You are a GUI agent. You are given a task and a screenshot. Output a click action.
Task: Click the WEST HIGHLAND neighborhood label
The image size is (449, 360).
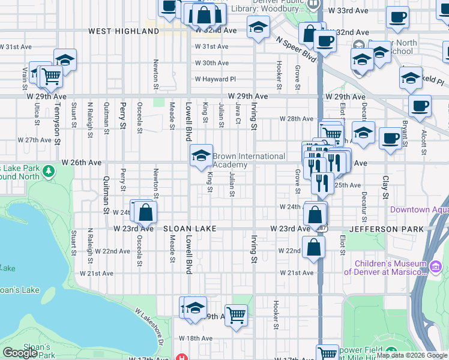coord(123,31)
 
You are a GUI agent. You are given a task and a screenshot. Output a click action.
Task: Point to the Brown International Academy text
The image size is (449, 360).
coord(249,160)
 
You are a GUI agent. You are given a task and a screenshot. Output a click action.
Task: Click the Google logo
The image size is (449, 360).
coord(20,352)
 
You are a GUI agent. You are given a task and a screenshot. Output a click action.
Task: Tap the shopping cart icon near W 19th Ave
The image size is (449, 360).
coord(236,314)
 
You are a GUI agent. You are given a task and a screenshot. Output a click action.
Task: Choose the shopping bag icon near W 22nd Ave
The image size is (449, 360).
coord(313,246)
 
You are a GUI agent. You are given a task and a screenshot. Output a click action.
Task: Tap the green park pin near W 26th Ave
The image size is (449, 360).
coord(47,173)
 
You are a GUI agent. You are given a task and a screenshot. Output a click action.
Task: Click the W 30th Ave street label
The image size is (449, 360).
coord(211,63)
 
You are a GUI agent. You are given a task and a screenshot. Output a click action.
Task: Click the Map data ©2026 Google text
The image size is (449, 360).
coord(411,355)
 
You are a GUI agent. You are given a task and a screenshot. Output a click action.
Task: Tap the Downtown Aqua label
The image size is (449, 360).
coord(418,209)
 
